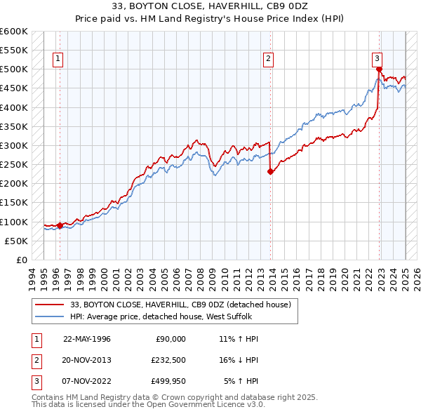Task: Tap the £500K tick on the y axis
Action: click(14, 69)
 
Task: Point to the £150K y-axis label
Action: click(14, 203)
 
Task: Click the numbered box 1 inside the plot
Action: click(57, 59)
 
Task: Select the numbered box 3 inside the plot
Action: click(377, 59)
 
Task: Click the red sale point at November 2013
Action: click(270, 171)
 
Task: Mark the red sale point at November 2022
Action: click(379, 69)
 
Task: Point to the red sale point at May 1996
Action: click(60, 225)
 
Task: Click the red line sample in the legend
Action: click(51, 305)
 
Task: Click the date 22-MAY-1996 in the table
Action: click(87, 339)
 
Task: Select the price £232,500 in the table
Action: click(168, 360)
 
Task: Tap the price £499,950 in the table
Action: click(168, 382)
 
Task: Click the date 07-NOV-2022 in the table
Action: click(87, 382)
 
